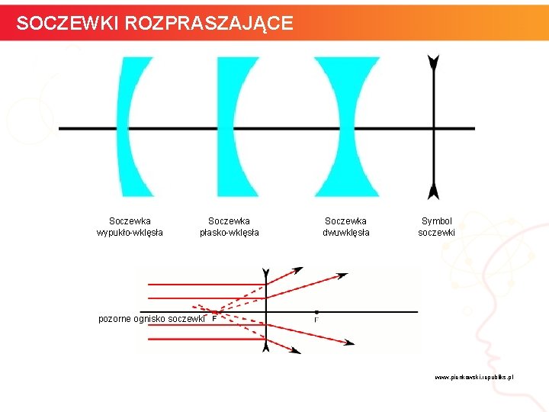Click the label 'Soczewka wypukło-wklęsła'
click(x=130, y=227)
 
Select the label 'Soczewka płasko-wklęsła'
click(x=229, y=227)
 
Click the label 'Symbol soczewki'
click(x=436, y=227)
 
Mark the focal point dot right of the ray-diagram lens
click(x=316, y=312)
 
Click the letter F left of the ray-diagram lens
click(x=213, y=320)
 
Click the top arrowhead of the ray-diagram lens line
click(x=265, y=273)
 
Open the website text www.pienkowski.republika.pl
click(x=474, y=377)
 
